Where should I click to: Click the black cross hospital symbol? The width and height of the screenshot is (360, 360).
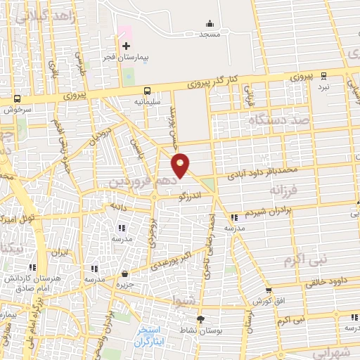pos(126,46)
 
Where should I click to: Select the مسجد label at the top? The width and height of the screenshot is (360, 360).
pos(210,34)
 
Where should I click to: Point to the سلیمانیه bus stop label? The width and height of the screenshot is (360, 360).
pos(148,101)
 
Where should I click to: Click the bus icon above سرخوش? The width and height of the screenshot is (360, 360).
pos(16,99)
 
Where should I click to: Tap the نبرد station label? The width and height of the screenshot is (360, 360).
pos(323,86)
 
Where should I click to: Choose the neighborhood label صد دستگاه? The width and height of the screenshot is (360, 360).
pos(279,120)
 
